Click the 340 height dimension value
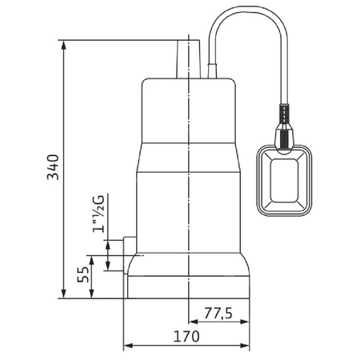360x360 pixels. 53,166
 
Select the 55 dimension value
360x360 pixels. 82,275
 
